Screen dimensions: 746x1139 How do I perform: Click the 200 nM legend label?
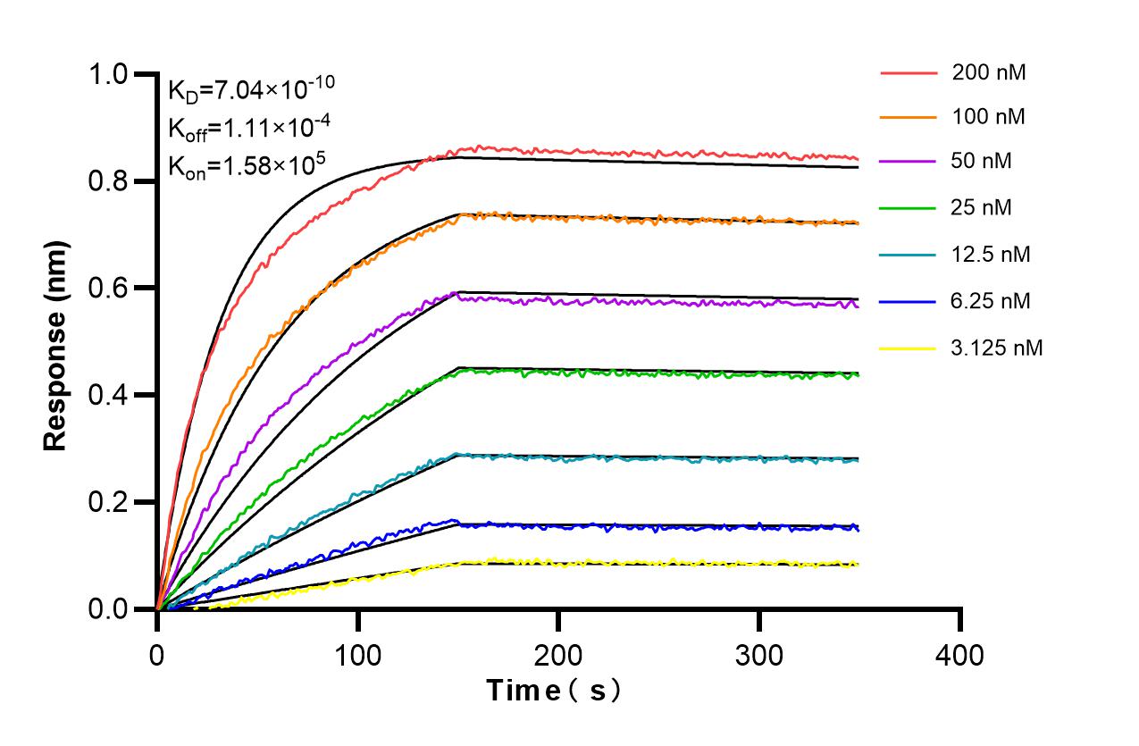989,73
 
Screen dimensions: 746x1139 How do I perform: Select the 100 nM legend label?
989,116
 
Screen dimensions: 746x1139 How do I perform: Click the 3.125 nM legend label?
997,348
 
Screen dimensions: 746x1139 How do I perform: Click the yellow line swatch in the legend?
909,348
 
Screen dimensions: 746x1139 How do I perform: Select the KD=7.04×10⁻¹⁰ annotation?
251,88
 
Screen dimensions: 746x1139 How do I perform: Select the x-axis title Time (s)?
554,691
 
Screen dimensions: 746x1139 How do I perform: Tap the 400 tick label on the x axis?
960,655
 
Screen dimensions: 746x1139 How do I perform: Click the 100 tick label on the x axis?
357,655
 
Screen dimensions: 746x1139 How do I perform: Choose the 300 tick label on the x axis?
759,655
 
